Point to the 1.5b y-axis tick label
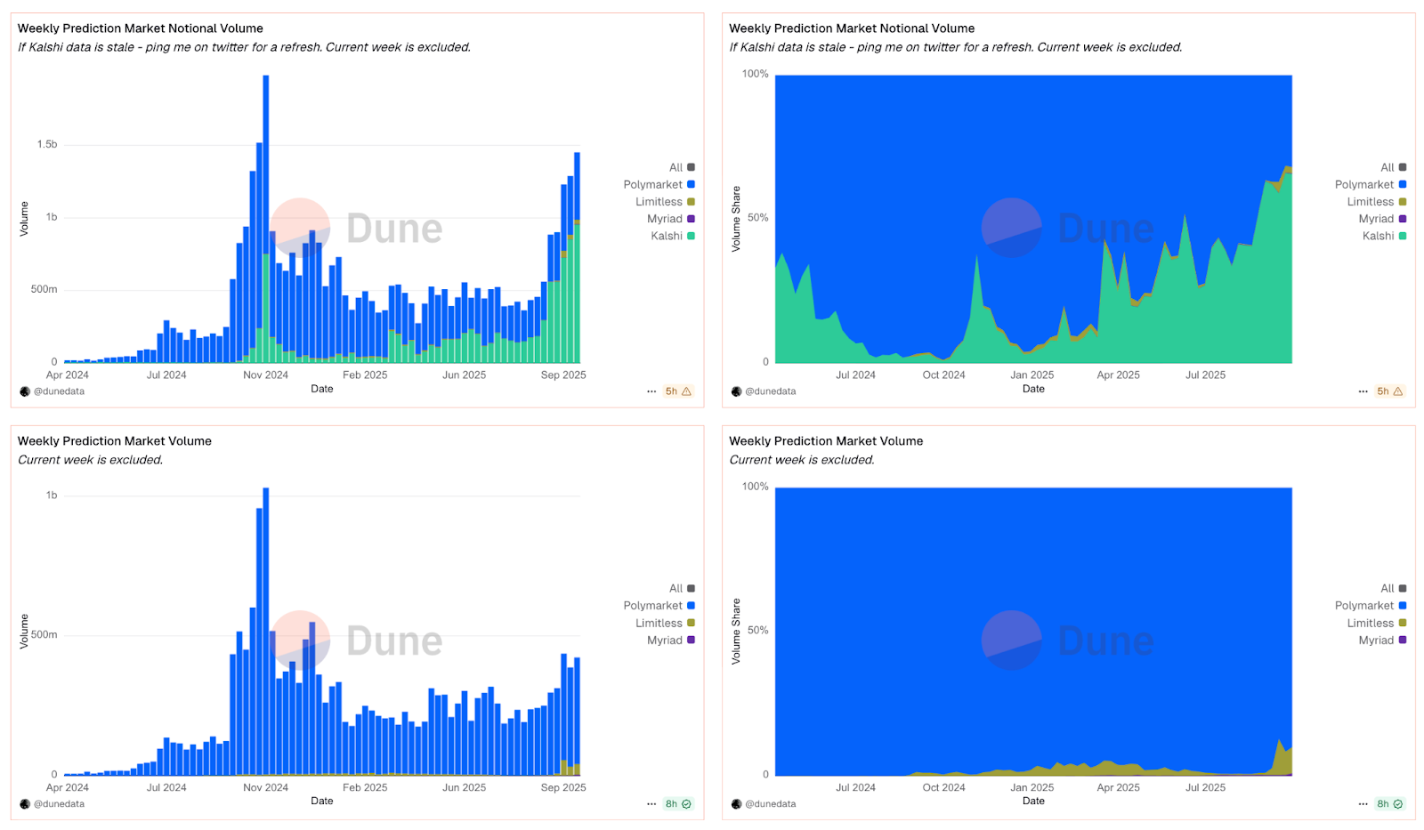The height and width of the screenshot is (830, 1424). [47, 144]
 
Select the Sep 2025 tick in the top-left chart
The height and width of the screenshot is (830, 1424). [563, 375]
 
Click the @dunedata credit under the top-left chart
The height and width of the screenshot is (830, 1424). [59, 391]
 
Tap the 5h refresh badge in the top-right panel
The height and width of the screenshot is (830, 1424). [1389, 391]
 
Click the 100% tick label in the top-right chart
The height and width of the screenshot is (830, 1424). [755, 74]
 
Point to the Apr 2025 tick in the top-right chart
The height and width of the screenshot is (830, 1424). [1118, 375]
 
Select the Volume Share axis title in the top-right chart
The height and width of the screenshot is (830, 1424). [736, 219]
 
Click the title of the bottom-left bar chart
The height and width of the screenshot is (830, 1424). [115, 441]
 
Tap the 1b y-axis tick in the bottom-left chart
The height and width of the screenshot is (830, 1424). [52, 496]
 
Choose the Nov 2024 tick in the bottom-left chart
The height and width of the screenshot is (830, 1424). [265, 787]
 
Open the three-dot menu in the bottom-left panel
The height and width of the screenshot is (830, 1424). [651, 804]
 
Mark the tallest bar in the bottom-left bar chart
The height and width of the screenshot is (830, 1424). [265, 632]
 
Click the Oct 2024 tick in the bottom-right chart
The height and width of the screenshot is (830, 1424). [943, 787]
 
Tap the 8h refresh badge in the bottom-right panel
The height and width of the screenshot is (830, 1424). [1389, 804]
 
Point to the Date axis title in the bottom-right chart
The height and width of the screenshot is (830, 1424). [1033, 801]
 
